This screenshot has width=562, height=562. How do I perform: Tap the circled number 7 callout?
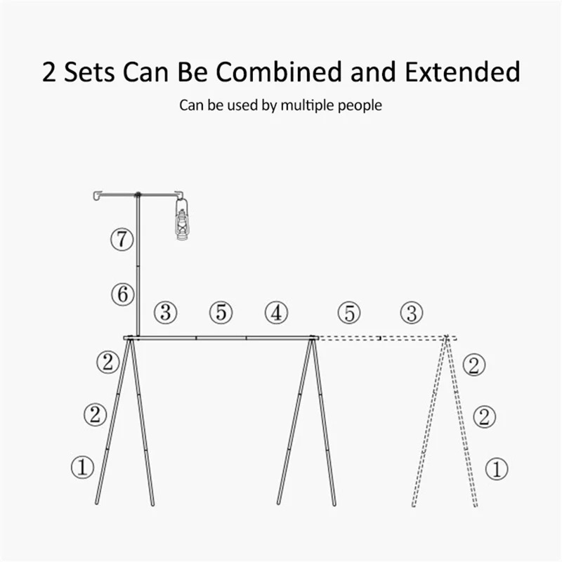122,239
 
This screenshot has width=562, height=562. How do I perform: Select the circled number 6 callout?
122,294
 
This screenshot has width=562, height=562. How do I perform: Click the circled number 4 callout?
276,313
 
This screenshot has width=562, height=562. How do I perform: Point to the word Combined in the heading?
278,72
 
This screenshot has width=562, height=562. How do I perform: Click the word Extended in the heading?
462,72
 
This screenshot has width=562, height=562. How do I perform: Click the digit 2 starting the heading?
49,72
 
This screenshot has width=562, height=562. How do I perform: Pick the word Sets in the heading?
89,72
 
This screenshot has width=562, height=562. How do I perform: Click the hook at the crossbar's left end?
97,196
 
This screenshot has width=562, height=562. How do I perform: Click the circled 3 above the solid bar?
165,312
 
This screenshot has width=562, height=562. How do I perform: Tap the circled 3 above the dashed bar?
412,313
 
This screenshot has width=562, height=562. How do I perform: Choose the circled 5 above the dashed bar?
349,313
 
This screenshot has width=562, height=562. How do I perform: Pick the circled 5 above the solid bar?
221,312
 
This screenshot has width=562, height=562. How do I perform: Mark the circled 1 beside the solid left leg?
83,466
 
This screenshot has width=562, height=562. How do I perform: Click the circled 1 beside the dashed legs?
497,469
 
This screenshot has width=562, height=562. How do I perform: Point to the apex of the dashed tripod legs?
446,337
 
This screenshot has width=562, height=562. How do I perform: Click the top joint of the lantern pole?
138,195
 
